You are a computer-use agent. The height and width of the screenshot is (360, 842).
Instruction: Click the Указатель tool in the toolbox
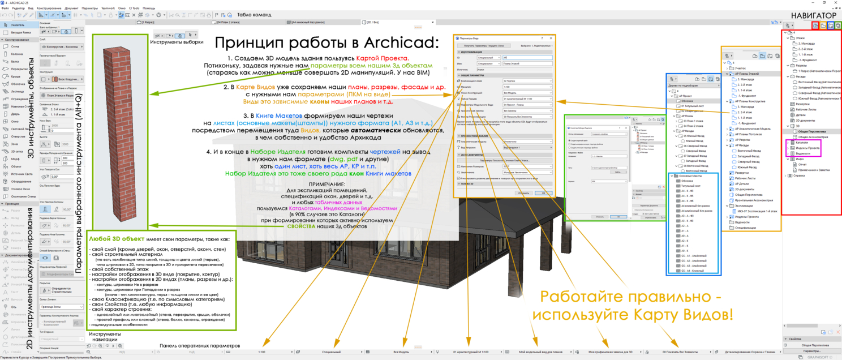17,25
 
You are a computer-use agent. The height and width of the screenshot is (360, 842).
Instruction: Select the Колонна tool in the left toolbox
17,54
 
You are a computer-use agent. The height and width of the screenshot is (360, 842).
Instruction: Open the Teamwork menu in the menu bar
108,8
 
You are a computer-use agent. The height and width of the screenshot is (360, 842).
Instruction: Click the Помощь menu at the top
149,8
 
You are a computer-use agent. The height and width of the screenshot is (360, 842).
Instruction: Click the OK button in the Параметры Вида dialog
543,193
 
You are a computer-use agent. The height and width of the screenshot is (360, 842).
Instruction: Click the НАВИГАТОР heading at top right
814,15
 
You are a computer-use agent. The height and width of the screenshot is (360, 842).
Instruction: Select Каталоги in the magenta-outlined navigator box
802,143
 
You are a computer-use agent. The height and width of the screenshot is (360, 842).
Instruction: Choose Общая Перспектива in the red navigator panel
809,131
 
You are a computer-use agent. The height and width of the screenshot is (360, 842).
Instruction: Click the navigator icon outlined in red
815,26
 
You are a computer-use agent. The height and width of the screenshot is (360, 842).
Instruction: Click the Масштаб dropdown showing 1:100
527,87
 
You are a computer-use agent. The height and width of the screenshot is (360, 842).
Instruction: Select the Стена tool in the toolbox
15,47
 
